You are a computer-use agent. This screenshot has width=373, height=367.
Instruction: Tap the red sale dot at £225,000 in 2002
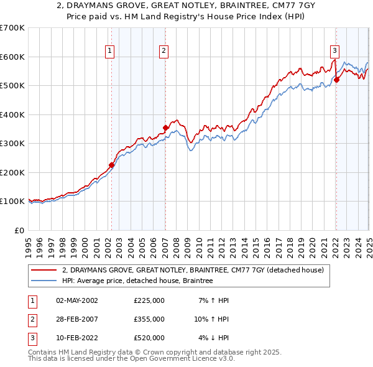click(x=112, y=165)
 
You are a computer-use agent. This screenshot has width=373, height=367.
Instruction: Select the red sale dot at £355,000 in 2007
click(x=165, y=128)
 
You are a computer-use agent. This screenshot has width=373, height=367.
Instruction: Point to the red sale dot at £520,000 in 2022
click(x=336, y=80)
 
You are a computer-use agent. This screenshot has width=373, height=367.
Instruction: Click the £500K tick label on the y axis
click(x=12, y=85)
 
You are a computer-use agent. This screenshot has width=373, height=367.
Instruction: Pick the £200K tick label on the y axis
click(x=12, y=172)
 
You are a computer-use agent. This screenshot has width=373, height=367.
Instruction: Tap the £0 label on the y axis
click(x=19, y=230)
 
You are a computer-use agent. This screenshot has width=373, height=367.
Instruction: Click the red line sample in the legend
click(x=45, y=271)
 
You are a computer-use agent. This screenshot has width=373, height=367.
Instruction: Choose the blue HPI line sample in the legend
click(x=45, y=281)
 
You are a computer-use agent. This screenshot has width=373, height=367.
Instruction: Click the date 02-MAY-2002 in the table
click(x=77, y=300)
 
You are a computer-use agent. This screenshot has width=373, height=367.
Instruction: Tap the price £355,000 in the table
click(x=149, y=319)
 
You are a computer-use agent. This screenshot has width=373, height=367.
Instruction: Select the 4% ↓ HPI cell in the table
click(x=214, y=338)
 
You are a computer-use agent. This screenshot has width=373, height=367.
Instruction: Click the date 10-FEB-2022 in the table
click(x=77, y=338)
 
